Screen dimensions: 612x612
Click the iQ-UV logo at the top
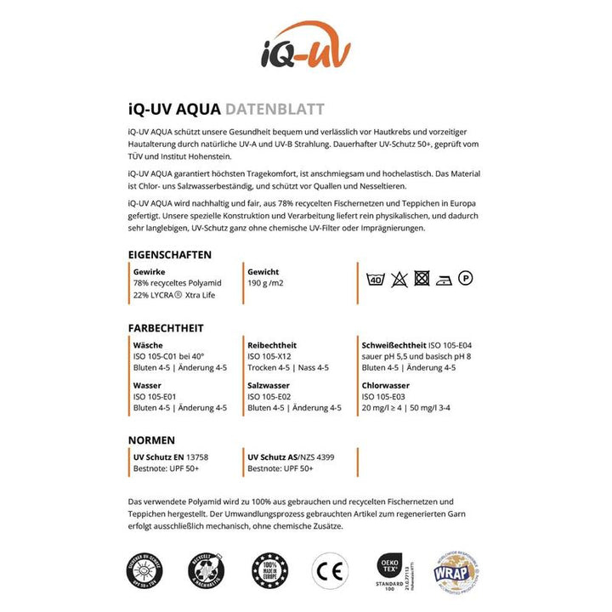click(x=305, y=47)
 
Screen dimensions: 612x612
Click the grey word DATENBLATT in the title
click(x=275, y=110)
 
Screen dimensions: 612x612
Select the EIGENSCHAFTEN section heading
click(x=169, y=254)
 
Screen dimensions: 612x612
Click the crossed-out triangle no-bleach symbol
click(x=399, y=278)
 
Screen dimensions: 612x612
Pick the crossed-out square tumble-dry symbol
click(x=422, y=278)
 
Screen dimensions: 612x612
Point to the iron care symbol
click(x=444, y=278)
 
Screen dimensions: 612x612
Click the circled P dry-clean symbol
click(x=466, y=277)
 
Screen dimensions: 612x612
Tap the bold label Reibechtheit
click(x=271, y=345)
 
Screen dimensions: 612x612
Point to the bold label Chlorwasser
click(x=387, y=385)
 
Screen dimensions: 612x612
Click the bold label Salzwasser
click(x=268, y=385)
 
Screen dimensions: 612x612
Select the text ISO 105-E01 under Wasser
click(x=154, y=396)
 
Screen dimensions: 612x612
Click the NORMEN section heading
click(x=151, y=440)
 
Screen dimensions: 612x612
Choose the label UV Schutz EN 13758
click(x=171, y=457)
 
